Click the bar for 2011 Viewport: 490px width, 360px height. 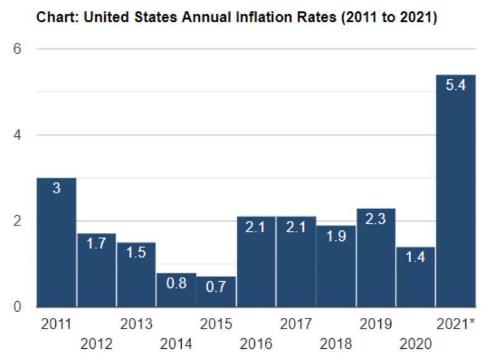tap(56, 248)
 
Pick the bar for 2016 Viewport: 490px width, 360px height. tap(256, 266)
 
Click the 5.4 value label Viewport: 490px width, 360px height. tap(456, 86)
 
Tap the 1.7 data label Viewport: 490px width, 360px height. tap(96, 244)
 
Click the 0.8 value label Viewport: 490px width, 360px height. tap(176, 284)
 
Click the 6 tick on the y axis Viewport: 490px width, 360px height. tap(19, 48)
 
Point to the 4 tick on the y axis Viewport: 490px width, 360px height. tap(19, 135)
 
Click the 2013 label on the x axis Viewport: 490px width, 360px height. tap(136, 325)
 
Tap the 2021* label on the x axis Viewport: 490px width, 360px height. tap(456, 325)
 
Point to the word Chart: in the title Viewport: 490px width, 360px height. tap(58, 17)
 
